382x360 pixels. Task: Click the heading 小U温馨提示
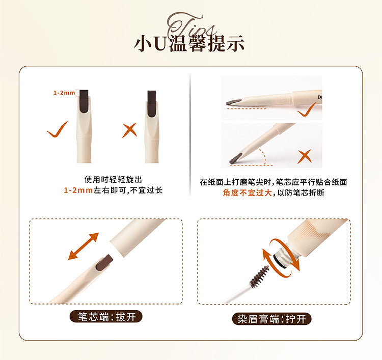189,43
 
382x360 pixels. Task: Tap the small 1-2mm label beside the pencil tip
64,93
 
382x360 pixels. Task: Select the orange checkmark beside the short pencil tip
57,129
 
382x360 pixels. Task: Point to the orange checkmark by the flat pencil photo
308,109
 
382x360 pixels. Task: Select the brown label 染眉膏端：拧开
271,319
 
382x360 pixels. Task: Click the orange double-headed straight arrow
84,246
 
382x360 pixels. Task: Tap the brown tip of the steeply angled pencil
237,159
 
